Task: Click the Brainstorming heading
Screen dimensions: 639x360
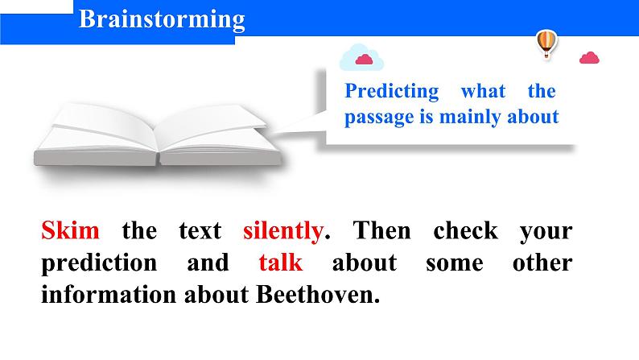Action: [162, 19]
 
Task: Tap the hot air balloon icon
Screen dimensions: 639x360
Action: [546, 43]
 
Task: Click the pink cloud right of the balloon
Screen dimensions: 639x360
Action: [589, 58]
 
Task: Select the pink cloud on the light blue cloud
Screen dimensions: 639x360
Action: [364, 60]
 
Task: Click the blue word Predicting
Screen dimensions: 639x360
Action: [392, 91]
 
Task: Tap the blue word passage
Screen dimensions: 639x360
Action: [379, 118]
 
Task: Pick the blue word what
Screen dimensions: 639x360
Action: [483, 90]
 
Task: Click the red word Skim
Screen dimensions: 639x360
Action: [70, 230]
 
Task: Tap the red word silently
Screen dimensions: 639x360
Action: [283, 232]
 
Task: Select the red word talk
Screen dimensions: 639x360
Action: [281, 263]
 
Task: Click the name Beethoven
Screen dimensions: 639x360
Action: [317, 294]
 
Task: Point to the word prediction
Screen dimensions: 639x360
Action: [99, 263]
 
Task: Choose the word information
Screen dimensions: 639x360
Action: [109, 294]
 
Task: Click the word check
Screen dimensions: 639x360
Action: [465, 230]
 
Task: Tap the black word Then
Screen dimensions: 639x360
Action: [381, 230]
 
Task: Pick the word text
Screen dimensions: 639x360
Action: [200, 231]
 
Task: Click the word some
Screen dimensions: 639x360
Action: [455, 263]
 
